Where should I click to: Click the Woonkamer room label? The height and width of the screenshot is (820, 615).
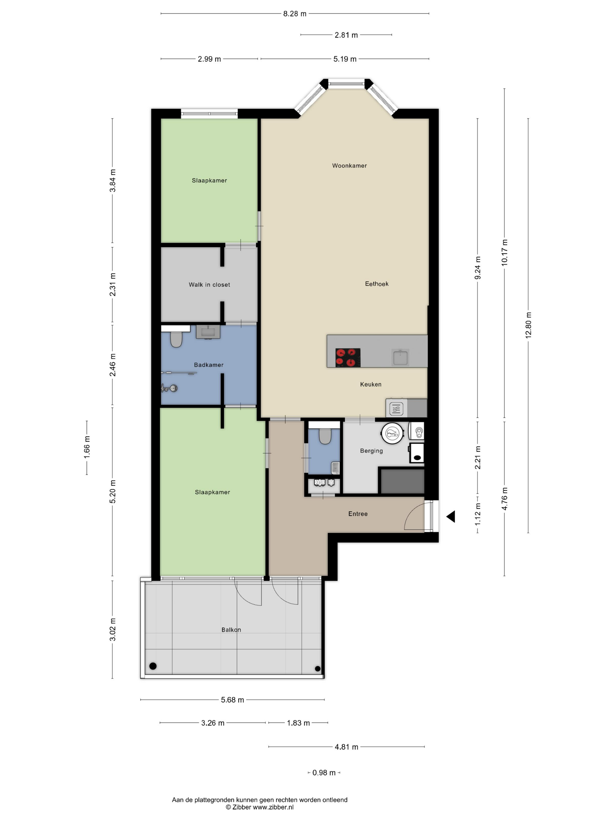349,166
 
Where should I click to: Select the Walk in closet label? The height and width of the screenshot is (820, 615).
209,285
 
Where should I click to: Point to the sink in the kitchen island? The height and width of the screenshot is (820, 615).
400,357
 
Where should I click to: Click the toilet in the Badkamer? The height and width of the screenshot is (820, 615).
176,339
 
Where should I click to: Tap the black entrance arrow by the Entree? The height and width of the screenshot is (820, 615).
450,516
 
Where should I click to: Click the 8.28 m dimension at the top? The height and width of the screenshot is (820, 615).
295,14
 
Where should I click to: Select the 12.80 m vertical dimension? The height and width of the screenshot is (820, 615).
528,325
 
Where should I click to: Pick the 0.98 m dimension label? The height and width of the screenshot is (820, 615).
324,773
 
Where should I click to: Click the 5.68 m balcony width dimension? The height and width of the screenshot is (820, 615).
233,700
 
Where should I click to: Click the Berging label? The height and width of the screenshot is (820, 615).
371,451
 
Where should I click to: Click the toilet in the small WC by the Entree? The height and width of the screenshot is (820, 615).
325,436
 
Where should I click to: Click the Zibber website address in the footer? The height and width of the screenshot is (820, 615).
273,807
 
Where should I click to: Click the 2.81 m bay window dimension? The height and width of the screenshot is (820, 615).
346,35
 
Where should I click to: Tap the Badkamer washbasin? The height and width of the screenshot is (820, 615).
208,332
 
